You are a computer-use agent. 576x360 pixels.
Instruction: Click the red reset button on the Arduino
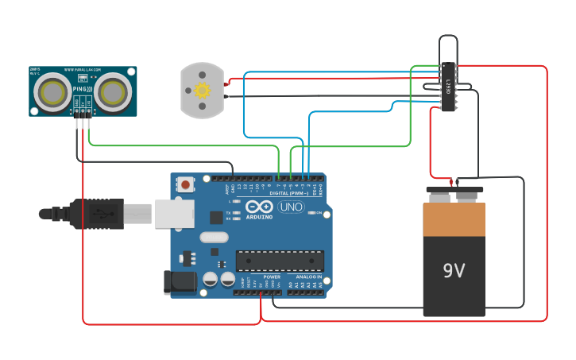(x=185, y=184)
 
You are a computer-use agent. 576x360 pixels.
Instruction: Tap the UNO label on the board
(x=291, y=207)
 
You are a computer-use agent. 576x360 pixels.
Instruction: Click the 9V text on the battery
(x=454, y=271)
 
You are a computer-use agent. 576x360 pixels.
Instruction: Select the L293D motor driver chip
(x=448, y=88)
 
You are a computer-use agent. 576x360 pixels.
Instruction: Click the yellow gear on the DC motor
(x=202, y=90)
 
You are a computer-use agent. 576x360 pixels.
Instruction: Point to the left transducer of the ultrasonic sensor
(x=54, y=91)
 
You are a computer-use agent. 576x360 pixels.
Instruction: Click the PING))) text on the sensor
(x=83, y=89)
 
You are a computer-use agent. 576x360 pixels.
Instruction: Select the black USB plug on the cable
(x=95, y=214)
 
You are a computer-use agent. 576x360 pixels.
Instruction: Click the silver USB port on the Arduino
(x=175, y=214)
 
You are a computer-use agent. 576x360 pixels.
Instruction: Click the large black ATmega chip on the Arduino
(x=280, y=261)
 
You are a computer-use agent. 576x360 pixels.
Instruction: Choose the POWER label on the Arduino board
(x=271, y=277)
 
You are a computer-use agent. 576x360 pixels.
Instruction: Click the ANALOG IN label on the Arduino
(x=308, y=277)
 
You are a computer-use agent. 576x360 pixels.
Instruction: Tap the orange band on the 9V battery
(x=454, y=220)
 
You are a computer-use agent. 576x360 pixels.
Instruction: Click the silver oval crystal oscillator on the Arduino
(x=214, y=236)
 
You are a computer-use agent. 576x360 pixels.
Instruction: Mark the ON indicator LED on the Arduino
(x=310, y=213)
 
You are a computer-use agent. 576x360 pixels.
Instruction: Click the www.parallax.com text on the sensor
(x=83, y=69)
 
